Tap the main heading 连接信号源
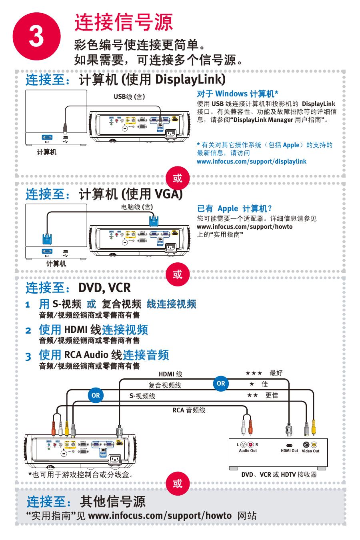[x=124, y=22]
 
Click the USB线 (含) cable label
[x=129, y=96]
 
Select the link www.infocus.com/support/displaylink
[x=252, y=161]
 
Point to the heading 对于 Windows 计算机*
[x=238, y=94]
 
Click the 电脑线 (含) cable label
[x=137, y=207]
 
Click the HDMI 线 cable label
[x=170, y=374]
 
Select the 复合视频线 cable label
[x=165, y=386]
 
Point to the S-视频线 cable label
[x=142, y=396]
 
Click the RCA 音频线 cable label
[x=189, y=410]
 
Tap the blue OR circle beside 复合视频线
[x=221, y=383]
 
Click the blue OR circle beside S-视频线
[x=96, y=395]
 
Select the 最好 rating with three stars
[x=264, y=373]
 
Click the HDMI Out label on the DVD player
[x=289, y=451]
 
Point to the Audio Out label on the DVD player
[x=248, y=451]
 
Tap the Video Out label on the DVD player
[x=310, y=451]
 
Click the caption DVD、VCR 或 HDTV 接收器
[x=279, y=474]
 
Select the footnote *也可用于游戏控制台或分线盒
[x=80, y=474]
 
